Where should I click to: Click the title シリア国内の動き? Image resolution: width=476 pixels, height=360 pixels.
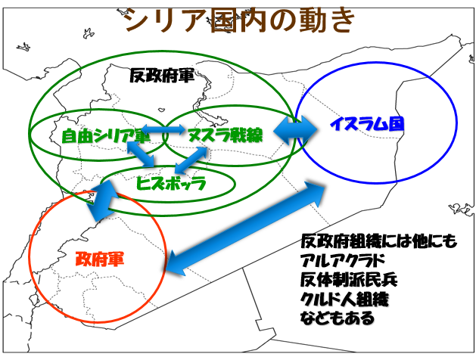[239, 20]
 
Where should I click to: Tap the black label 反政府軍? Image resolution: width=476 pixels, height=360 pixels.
[162, 76]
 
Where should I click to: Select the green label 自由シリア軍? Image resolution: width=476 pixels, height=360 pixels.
[106, 135]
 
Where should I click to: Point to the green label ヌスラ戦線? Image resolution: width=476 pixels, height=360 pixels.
[225, 135]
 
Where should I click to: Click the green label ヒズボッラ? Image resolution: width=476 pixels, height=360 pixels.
[171, 183]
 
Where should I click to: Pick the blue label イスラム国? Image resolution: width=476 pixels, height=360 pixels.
[367, 124]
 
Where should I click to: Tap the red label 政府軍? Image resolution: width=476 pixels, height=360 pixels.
[100, 259]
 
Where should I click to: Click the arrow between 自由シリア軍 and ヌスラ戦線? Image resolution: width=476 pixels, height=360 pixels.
[163, 129]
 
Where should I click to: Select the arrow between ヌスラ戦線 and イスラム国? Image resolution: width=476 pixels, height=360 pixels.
[295, 131]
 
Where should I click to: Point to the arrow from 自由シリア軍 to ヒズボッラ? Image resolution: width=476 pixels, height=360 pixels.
[142, 154]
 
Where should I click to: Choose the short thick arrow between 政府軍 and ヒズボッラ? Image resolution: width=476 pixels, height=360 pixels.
[102, 200]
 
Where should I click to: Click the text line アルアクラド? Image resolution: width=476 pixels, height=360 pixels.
[342, 260]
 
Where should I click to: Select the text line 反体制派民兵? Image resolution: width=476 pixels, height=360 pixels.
[349, 279]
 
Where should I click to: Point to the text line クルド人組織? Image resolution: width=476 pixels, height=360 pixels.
[344, 299]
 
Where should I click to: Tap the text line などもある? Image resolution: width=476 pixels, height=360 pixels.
[338, 318]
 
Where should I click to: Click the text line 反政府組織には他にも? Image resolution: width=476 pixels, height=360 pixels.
[379, 241]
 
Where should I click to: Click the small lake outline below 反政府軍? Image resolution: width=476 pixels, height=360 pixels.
[161, 109]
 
